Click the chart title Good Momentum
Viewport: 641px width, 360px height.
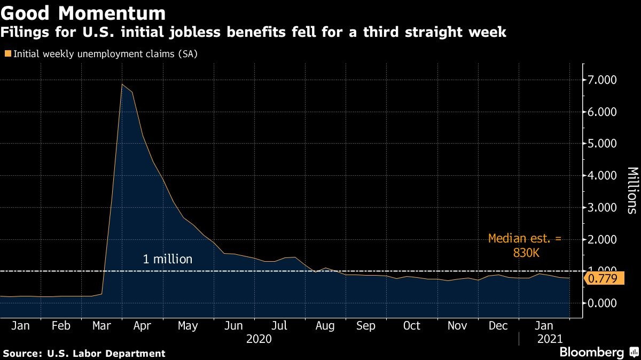(83, 12)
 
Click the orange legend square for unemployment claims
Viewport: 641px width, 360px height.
(7, 53)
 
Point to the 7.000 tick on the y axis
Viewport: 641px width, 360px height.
(602, 80)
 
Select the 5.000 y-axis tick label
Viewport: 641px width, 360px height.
(602, 144)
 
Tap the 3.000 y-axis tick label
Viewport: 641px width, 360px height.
(602, 207)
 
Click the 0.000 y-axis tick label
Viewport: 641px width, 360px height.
(602, 303)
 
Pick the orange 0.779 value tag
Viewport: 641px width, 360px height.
(601, 278)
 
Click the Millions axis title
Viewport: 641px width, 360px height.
(632, 191)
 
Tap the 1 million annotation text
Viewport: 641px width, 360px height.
(167, 260)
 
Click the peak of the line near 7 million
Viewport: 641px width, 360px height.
(122, 84)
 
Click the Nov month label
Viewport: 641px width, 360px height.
(457, 326)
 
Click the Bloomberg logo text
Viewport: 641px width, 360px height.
(591, 353)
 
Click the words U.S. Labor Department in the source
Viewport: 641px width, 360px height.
(106, 353)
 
